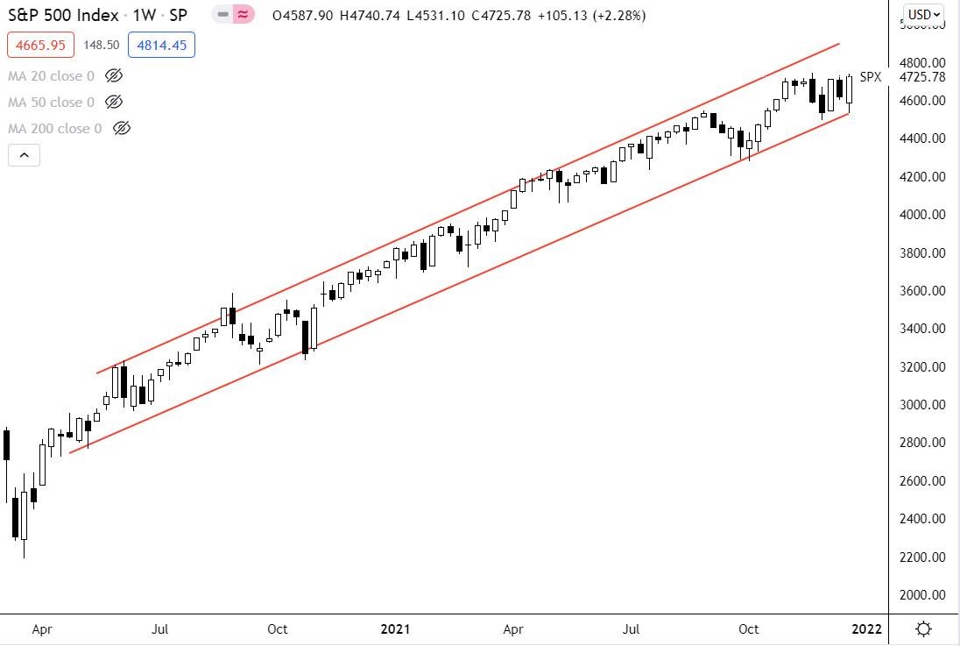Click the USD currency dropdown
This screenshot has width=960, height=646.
tap(924, 14)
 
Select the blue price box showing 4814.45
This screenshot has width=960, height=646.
tap(161, 45)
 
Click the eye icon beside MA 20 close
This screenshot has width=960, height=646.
tap(113, 76)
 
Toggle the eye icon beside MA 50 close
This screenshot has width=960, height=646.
tap(113, 103)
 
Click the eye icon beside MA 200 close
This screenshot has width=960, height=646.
tap(122, 129)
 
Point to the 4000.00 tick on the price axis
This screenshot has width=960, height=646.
tap(924, 215)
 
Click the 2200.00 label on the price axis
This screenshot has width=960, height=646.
tap(924, 557)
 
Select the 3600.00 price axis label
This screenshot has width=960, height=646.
tap(924, 291)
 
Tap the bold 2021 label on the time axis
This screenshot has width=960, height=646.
tap(395, 629)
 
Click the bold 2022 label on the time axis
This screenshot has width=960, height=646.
tap(867, 629)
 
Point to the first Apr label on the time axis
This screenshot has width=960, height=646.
tap(41, 629)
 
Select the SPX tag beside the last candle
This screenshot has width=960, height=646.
tap(870, 77)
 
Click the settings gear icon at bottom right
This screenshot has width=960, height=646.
tap(923, 629)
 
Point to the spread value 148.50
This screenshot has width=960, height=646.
tap(101, 46)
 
